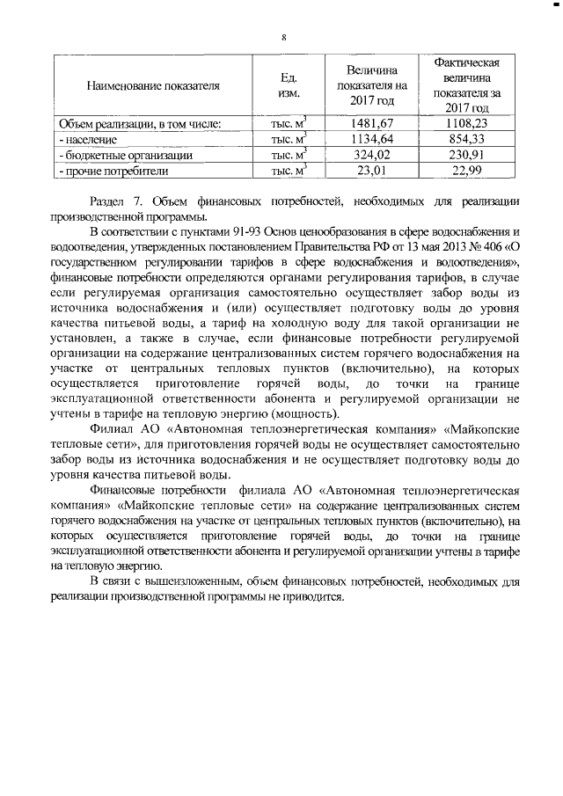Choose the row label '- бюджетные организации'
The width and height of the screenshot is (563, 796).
click(125, 156)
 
